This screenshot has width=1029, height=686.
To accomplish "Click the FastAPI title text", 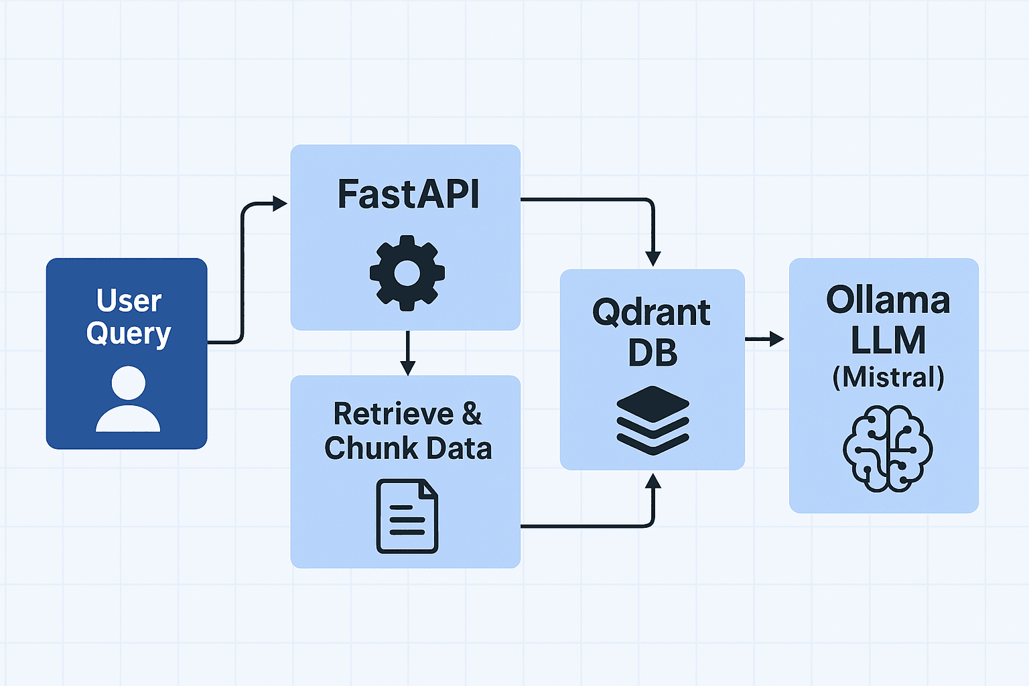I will point(408,194).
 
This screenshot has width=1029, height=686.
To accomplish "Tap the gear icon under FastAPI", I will point(407,273).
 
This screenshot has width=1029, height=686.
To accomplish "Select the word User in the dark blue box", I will point(129,300).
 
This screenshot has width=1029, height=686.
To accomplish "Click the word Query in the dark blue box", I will point(129,334).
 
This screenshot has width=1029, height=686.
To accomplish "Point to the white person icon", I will point(128,399).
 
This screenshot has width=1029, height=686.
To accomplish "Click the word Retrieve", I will point(393,414).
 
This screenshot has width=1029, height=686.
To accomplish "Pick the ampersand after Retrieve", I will point(472,414).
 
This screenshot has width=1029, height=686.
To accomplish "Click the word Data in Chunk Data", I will point(459,448).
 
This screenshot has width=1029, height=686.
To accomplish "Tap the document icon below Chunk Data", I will point(407,516).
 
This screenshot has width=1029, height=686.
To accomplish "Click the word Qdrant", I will point(651,312).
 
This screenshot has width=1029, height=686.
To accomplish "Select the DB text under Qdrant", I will point(653,353).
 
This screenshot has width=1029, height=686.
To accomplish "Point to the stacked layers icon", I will point(653,421).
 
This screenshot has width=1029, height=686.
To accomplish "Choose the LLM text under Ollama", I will point(888,340).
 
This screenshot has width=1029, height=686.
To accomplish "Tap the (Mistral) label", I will point(888,377).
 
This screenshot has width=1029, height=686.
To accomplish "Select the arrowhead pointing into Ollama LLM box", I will point(776,339).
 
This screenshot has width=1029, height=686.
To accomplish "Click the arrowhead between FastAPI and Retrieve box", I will point(407,368).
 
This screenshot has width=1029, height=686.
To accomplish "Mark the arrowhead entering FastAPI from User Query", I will point(280,204).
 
